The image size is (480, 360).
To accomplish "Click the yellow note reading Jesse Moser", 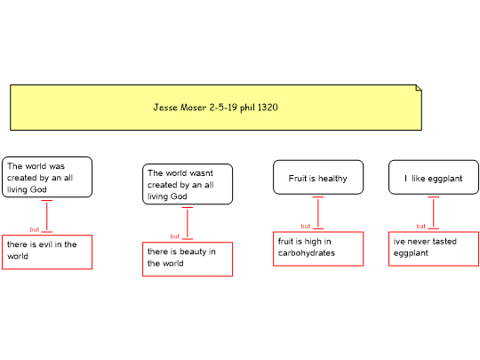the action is pyautogui.click(x=216, y=108).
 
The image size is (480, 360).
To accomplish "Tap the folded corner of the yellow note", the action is pyautogui.click(x=419, y=88).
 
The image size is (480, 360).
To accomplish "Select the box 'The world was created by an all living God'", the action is pyautogui.click(x=47, y=177).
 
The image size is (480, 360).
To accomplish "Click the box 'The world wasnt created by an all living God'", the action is pyautogui.click(x=188, y=184).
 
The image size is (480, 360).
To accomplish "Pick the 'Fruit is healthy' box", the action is pyautogui.click(x=318, y=177).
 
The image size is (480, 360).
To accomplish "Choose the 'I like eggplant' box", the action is pyautogui.click(x=434, y=177).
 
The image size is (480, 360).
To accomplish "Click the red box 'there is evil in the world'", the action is pyautogui.click(x=47, y=252).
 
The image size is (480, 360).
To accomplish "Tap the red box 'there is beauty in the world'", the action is pyautogui.click(x=188, y=259).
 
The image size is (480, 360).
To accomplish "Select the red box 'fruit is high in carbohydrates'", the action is pyautogui.click(x=318, y=249).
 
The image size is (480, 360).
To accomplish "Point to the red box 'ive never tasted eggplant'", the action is pyautogui.click(x=434, y=249).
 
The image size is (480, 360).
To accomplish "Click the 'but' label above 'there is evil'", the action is pyautogui.click(x=35, y=229).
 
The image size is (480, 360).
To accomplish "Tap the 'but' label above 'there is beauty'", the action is pyautogui.click(x=175, y=236).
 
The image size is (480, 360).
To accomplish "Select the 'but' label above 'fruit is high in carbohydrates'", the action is pyautogui.click(x=306, y=226).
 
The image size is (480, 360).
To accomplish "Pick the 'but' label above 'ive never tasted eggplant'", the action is pyautogui.click(x=421, y=226).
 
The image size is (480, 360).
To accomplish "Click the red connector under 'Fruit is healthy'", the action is pyautogui.click(x=318, y=212).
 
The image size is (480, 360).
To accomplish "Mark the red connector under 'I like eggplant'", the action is pyautogui.click(x=434, y=212).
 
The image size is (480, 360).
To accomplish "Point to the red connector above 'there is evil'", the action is pyautogui.click(x=47, y=216).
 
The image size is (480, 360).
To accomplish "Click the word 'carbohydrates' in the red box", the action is pyautogui.click(x=307, y=252).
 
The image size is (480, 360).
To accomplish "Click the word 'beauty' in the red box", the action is pyautogui.click(x=193, y=252).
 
